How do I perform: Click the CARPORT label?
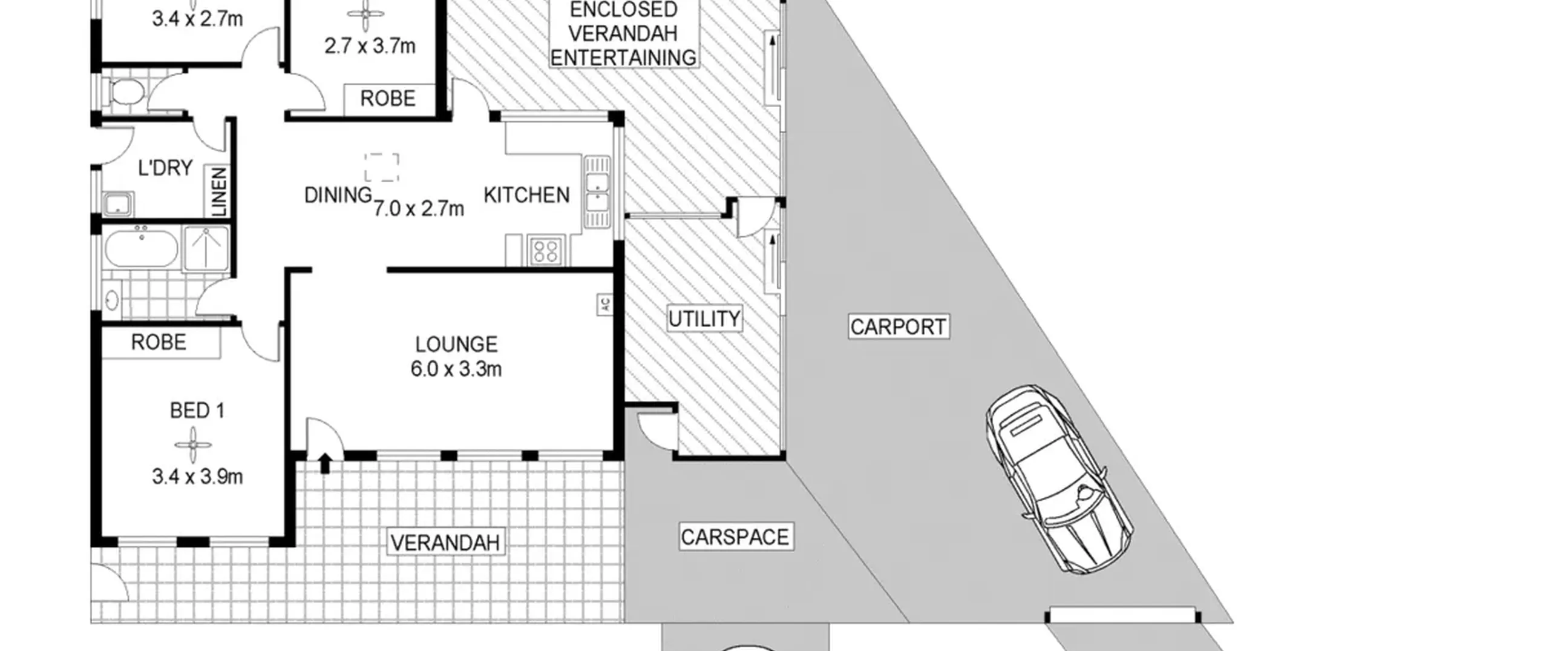click(898, 327)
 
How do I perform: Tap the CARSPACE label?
click(735, 537)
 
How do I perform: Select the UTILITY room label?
click(704, 319)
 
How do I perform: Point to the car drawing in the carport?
click(1059, 479)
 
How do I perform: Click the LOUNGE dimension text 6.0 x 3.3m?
click(456, 369)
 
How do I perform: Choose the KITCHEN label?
click(526, 195)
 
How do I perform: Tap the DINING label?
click(338, 195)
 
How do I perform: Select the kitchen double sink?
click(597, 192)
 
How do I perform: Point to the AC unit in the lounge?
click(604, 305)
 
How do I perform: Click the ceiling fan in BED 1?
click(193, 445)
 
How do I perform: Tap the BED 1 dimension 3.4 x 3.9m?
click(197, 477)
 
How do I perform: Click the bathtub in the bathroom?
click(142, 248)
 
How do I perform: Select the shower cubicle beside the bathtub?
click(207, 248)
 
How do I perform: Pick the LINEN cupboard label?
click(219, 192)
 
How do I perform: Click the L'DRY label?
click(165, 168)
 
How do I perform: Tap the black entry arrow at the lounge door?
click(325, 463)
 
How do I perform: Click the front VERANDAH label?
click(445, 543)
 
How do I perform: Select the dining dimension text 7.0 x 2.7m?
click(419, 209)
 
